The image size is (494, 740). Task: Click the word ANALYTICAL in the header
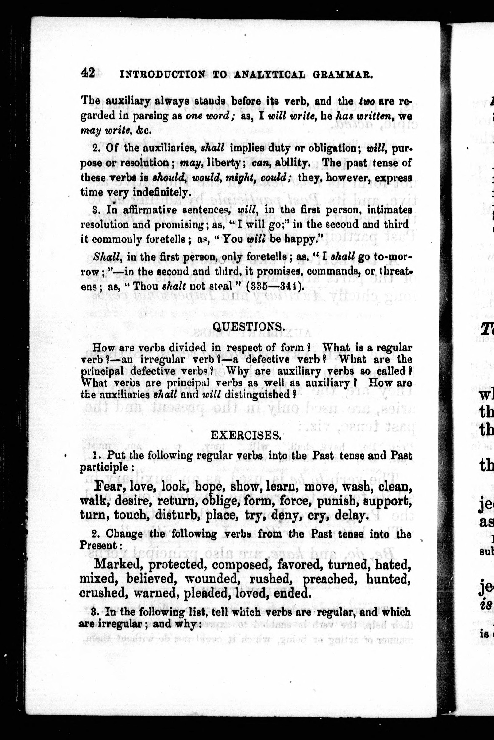tap(270, 75)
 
